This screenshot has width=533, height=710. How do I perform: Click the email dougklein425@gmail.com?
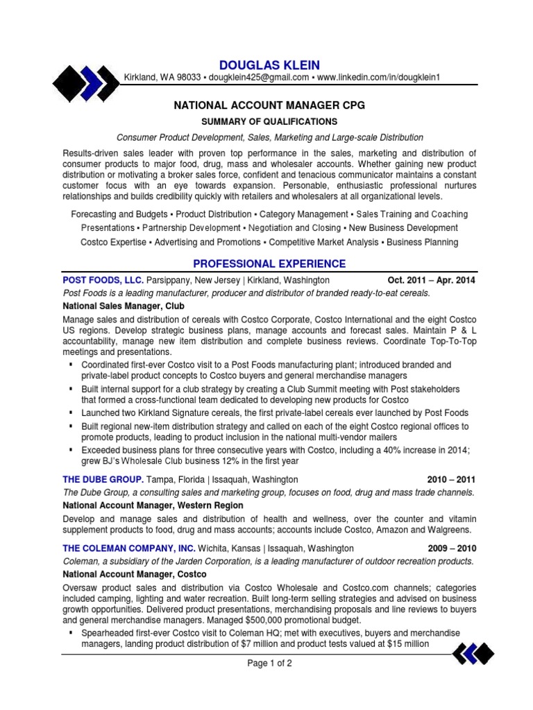(x=258, y=78)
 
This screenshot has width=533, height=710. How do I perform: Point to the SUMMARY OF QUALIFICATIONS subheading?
(x=269, y=121)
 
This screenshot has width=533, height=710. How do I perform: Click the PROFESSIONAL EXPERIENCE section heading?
(x=269, y=263)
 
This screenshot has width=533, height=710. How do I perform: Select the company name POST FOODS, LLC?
(x=103, y=280)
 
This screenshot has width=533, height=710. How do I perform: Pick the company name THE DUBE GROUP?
(x=103, y=479)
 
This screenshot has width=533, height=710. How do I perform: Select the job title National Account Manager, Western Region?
(x=153, y=505)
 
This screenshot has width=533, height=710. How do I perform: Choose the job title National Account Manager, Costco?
(x=134, y=574)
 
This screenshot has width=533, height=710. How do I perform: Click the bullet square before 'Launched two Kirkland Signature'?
(x=71, y=413)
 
